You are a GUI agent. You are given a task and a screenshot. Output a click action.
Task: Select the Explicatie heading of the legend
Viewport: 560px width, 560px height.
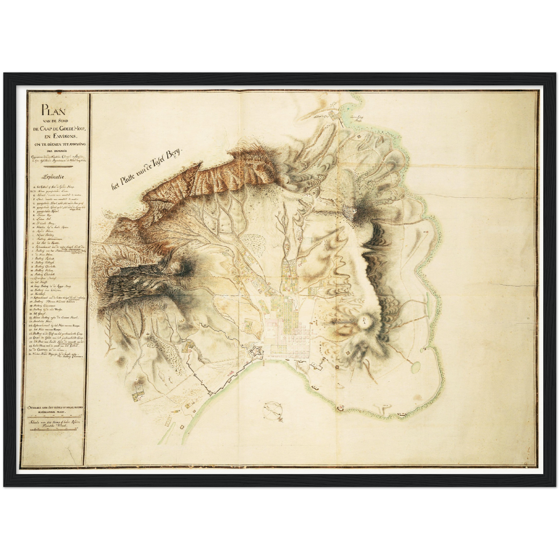(54, 177)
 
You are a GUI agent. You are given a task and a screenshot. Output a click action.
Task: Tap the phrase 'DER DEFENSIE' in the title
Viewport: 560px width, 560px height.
(56, 151)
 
